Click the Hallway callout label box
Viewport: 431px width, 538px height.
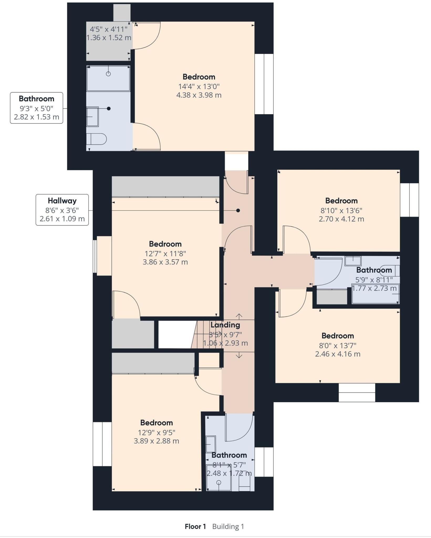(x=62, y=210)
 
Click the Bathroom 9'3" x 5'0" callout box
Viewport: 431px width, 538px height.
(x=37, y=108)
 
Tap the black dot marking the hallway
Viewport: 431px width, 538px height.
(x=238, y=210)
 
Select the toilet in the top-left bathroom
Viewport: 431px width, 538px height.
(x=97, y=139)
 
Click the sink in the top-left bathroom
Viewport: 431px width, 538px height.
(x=92, y=116)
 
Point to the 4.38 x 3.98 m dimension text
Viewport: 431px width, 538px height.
(x=199, y=95)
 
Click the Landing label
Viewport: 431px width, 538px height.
(x=225, y=325)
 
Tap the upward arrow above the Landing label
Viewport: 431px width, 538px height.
(x=239, y=316)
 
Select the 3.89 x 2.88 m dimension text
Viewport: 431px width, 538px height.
(x=156, y=441)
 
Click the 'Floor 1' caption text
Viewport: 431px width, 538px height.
(x=195, y=526)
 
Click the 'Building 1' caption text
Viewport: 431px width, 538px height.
(x=228, y=526)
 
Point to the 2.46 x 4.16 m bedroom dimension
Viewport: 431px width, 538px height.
(x=337, y=354)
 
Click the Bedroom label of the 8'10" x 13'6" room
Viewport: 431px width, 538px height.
(x=341, y=201)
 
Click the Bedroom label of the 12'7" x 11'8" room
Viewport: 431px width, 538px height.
(x=165, y=244)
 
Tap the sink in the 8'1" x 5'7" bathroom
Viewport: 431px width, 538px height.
(x=210, y=444)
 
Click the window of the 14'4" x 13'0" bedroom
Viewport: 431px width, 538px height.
(x=264, y=84)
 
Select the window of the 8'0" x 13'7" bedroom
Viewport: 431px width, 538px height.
(x=357, y=392)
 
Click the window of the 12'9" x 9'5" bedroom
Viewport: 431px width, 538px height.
(x=102, y=444)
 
